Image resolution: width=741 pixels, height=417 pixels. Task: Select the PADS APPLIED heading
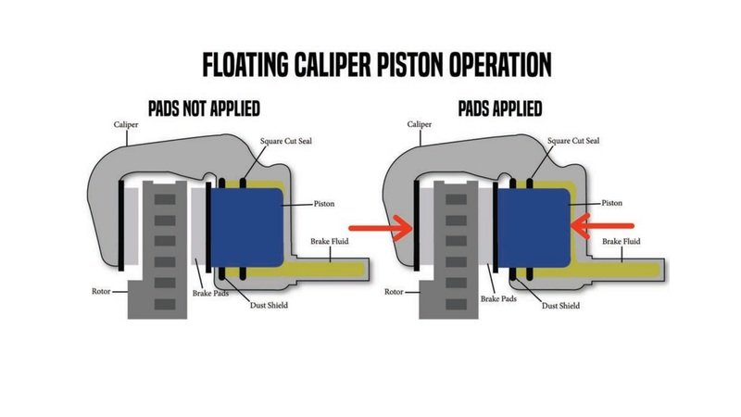coord(499,108)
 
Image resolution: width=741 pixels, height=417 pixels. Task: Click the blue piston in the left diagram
coord(245,224)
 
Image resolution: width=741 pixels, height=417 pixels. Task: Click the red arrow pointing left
coord(602,224)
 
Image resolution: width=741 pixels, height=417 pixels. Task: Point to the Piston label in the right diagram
coord(612,201)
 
